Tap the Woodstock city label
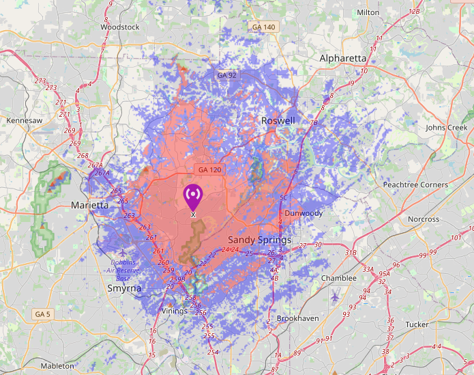point(119,27)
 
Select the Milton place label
point(368,12)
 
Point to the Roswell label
point(278,121)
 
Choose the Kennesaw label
point(24,120)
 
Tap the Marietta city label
point(90,205)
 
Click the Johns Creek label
point(447,128)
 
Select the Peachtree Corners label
point(415,184)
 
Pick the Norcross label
point(424,219)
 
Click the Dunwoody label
point(303,213)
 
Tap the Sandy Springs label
point(259,240)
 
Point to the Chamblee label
point(338,278)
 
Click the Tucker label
point(417,324)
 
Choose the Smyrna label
point(124,288)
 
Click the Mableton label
point(57,366)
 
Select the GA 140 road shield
point(263,27)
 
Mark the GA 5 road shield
point(42,314)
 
